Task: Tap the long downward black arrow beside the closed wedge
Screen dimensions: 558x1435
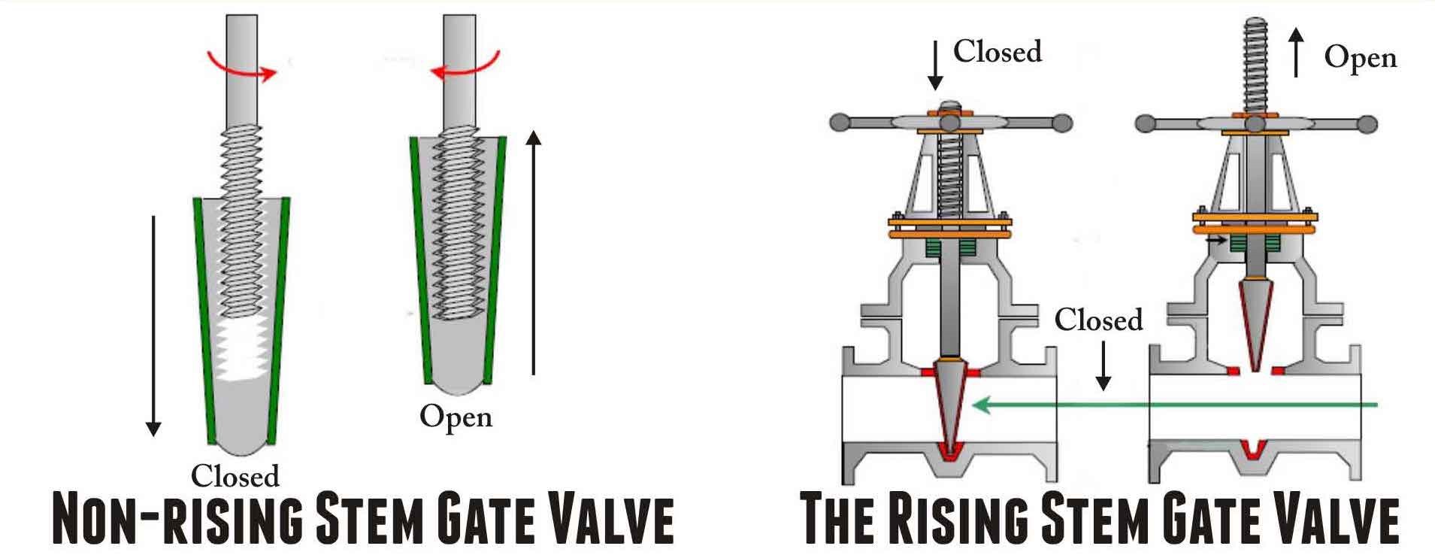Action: (x=153, y=323)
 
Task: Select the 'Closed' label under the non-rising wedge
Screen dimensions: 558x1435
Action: (x=235, y=476)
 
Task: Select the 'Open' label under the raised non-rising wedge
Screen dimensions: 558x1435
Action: (x=456, y=417)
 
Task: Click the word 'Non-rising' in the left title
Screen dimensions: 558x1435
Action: (x=177, y=519)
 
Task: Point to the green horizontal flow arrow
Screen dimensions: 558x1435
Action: (x=1173, y=406)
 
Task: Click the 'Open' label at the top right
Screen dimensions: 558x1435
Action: (x=1360, y=58)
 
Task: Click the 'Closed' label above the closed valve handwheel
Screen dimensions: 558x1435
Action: (x=998, y=52)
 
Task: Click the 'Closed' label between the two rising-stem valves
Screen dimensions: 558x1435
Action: (x=1098, y=320)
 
